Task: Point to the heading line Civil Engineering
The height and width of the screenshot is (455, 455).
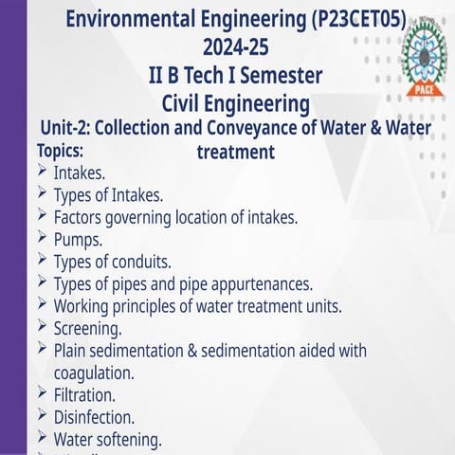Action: click(236, 101)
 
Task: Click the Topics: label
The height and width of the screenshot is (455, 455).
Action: click(60, 151)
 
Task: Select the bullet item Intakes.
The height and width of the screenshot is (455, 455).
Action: click(80, 173)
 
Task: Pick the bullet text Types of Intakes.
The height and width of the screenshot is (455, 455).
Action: click(108, 196)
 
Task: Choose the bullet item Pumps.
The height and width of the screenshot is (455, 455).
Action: click(78, 240)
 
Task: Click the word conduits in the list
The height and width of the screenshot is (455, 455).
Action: click(141, 262)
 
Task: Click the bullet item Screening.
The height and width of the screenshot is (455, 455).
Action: click(87, 329)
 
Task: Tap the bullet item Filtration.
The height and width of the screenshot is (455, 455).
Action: click(84, 394)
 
